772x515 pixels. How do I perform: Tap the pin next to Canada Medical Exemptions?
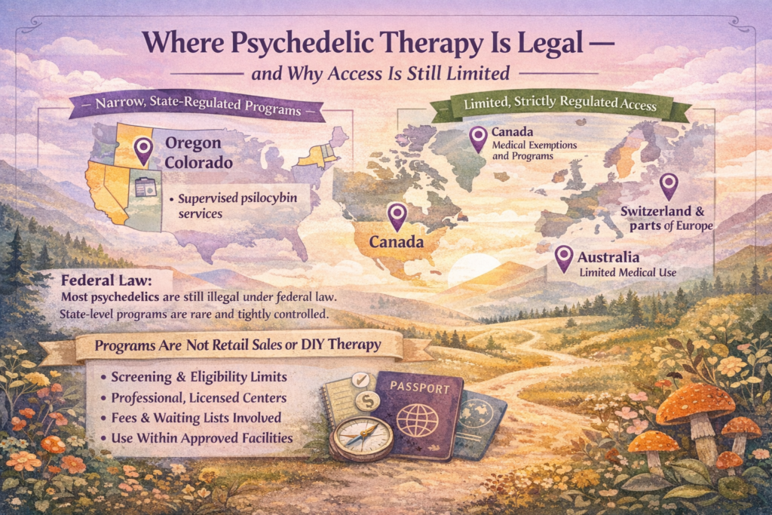(x=478, y=138)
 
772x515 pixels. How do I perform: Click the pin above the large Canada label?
(x=397, y=216)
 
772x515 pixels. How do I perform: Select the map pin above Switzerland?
(x=668, y=185)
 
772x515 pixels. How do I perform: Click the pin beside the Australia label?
(x=562, y=258)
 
